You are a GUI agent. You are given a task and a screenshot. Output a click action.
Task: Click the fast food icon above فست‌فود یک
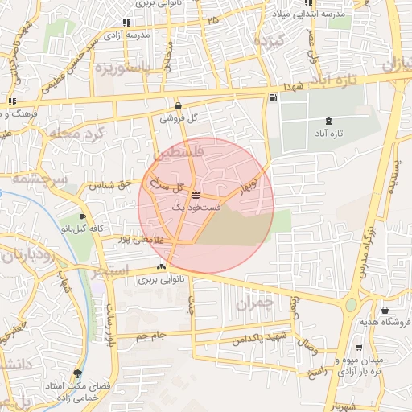click(196, 195)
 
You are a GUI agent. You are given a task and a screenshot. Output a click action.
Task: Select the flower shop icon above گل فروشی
click(178, 105)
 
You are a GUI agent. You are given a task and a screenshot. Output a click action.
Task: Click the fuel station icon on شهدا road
click(274, 98)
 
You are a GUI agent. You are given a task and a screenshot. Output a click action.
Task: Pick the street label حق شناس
click(113, 184)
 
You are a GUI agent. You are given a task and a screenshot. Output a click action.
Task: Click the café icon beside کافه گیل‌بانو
click(82, 217)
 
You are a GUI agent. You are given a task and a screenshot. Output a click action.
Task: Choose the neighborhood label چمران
click(256, 303)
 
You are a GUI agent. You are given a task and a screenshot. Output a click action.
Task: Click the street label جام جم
click(150, 334)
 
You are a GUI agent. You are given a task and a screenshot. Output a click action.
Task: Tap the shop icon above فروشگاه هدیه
click(385, 311)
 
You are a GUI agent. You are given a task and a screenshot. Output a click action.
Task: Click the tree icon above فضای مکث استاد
click(77, 373)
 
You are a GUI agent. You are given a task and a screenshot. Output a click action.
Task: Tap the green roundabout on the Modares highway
click(352, 306)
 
